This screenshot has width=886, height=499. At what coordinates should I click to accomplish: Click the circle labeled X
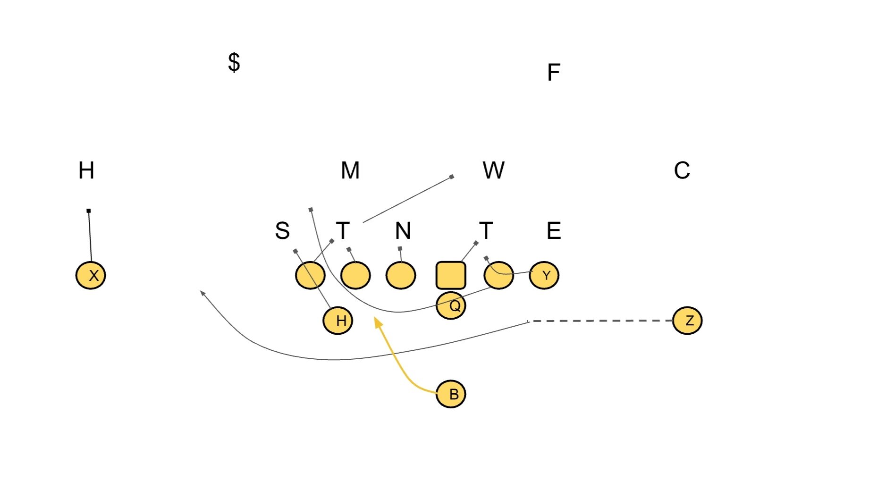coord(91,275)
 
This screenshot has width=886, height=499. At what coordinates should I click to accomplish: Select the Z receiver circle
coord(687,321)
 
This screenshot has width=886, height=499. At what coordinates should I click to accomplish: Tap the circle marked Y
coord(544,275)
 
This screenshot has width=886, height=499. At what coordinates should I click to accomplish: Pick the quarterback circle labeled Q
coord(451,305)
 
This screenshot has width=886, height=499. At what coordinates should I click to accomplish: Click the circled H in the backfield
coord(338,321)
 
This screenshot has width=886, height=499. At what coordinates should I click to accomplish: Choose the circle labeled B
coord(451,394)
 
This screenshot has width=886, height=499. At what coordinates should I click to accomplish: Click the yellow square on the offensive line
coord(451,275)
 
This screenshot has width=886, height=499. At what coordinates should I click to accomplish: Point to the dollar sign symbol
coord(234,62)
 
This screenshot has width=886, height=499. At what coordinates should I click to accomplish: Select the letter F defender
coord(553,73)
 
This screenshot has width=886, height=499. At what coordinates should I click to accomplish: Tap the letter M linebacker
coord(350,170)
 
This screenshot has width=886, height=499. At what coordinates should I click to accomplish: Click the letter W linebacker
coord(493,170)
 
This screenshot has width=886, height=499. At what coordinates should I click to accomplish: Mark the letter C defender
coord(682,170)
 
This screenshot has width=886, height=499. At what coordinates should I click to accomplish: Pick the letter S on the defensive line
coord(282,231)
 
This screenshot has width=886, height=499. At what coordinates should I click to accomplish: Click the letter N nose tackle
coord(403,231)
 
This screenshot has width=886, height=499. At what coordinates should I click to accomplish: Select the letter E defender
coord(554,231)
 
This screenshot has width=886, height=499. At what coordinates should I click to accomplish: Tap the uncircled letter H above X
coord(86,170)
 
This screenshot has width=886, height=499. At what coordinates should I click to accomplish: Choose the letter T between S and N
coord(343,231)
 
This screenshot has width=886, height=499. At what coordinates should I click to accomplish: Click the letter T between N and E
coord(486,231)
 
